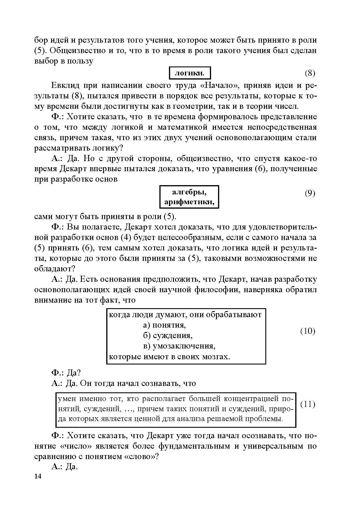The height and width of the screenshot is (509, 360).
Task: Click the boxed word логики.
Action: coord(190,73)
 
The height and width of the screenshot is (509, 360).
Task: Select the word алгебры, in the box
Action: coord(189,192)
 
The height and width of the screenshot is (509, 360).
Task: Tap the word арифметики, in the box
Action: coord(189,202)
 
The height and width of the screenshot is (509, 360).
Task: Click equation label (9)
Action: coord(310,193)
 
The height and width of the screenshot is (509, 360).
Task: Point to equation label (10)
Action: coord(307,331)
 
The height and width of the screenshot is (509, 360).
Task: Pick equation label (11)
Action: coord(307,404)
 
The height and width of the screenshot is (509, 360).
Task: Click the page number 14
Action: coord(38,476)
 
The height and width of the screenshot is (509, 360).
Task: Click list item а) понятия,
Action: coord(165,325)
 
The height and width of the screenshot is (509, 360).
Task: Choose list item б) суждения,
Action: coord(168,335)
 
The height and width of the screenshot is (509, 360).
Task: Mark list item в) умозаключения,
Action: coord(179,346)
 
